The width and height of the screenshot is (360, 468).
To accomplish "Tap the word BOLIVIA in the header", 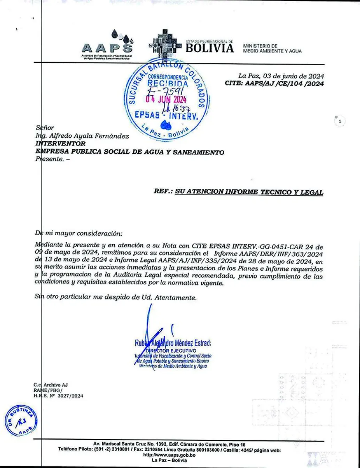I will pyautogui.click(x=210, y=48).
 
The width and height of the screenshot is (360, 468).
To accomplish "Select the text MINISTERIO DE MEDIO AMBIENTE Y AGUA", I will pyautogui.click(x=272, y=48).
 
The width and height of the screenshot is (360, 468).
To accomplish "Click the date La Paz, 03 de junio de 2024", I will pyautogui.click(x=281, y=76).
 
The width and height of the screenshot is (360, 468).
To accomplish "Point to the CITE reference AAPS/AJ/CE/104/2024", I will pyautogui.click(x=285, y=83).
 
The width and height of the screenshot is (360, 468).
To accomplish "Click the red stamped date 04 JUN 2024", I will pyautogui.click(x=166, y=99).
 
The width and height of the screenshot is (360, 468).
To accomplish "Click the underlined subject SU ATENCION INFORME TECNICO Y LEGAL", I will pyautogui.click(x=249, y=192).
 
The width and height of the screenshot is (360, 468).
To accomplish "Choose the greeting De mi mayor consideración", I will pyautogui.click(x=78, y=234).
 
